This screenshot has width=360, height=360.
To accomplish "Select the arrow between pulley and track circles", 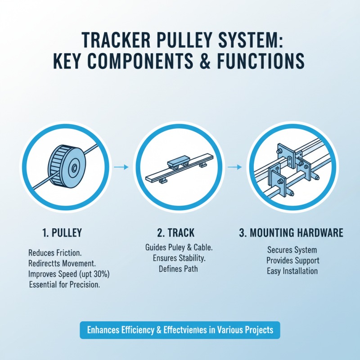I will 121,167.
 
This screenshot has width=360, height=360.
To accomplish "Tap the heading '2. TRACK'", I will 176,233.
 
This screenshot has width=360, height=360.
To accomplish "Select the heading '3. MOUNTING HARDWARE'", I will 291,233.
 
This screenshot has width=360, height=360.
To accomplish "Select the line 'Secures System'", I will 292,250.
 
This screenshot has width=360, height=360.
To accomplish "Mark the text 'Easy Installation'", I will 292,271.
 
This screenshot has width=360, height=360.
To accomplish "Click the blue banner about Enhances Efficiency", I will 180,330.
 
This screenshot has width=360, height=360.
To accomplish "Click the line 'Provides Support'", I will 292,261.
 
